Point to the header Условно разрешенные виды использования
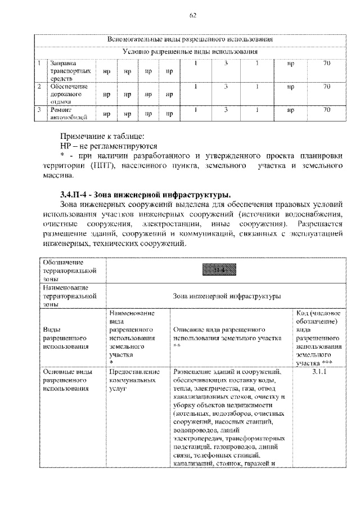click(191, 52)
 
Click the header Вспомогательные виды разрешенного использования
click(191, 40)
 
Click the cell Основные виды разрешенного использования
click(65, 380)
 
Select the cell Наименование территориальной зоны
click(65, 294)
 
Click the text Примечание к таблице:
click(102, 136)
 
